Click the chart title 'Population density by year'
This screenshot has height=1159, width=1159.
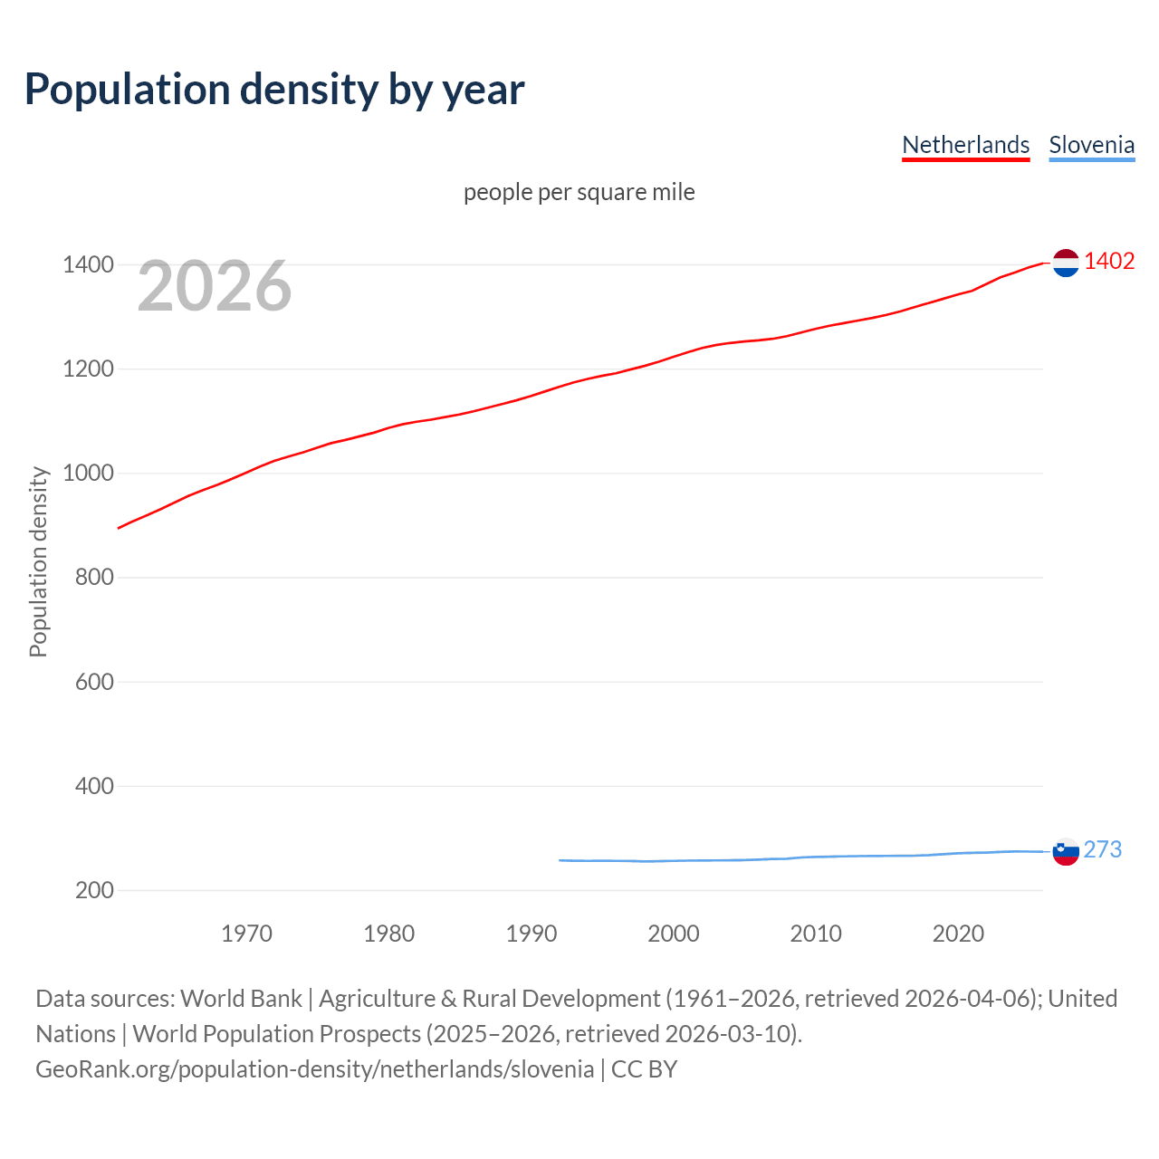[x=274, y=90]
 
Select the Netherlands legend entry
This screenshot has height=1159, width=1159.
[x=965, y=145]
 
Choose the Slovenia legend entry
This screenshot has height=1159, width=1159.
[x=1091, y=145]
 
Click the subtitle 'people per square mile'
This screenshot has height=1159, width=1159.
[x=579, y=193]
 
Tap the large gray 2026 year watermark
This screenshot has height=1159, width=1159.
[x=215, y=286]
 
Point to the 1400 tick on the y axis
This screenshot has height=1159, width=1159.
[x=88, y=265]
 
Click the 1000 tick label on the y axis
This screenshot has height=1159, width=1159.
[x=88, y=474]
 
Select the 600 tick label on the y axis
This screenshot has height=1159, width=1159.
[x=94, y=682]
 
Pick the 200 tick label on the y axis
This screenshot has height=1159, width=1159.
[x=94, y=890]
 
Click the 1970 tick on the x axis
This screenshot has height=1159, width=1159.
[x=246, y=934]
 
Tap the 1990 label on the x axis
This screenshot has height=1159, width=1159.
[x=532, y=934]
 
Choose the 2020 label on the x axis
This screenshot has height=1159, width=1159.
[x=958, y=934]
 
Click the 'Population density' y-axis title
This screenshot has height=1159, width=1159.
[x=38, y=561]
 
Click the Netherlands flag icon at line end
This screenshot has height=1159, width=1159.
[x=1066, y=263]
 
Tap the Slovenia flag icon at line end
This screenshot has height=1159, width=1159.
[x=1066, y=851]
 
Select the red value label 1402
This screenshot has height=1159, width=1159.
[x=1109, y=262]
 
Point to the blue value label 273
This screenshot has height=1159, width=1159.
[x=1102, y=849]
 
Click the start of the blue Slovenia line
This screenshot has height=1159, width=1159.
[x=560, y=860]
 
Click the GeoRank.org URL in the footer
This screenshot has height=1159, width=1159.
[x=314, y=1069]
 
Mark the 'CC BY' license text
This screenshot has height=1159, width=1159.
[x=644, y=1069]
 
